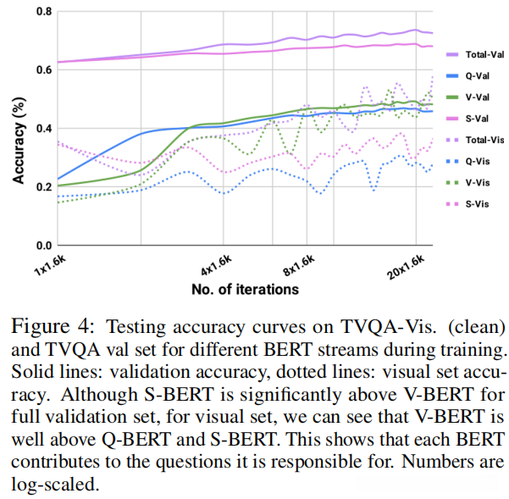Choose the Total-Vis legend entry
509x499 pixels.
479,139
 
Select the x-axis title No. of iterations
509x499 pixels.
245,289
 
